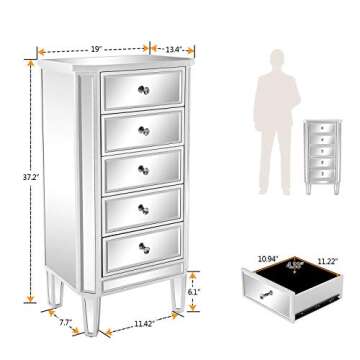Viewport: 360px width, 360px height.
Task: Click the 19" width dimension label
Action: [96, 45]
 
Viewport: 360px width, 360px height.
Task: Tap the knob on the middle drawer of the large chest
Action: [143, 168]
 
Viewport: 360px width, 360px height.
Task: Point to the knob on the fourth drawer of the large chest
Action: [143, 209]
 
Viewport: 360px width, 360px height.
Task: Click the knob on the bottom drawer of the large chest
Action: [142, 250]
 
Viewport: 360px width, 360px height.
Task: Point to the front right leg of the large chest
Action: [176, 296]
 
